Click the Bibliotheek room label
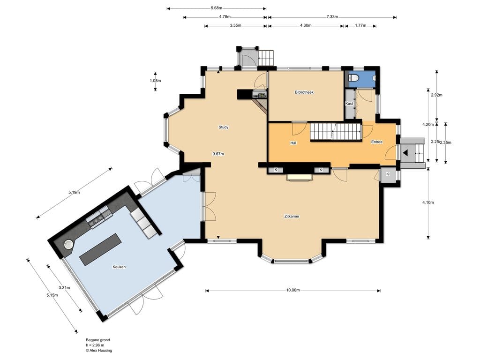(304, 92)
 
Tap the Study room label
(224, 127)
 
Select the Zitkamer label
(292, 216)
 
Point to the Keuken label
(119, 267)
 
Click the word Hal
(293, 142)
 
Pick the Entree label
(377, 142)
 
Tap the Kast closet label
(349, 104)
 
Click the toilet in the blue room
(353, 78)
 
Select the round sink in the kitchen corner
(68, 245)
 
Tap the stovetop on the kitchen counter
(96, 219)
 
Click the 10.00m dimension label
(293, 290)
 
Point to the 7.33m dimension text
(332, 17)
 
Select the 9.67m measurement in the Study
(218, 154)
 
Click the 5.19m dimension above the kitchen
(74, 193)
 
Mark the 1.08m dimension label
(155, 81)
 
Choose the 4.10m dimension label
(428, 202)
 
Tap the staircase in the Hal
(336, 132)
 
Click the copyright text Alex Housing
(99, 351)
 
